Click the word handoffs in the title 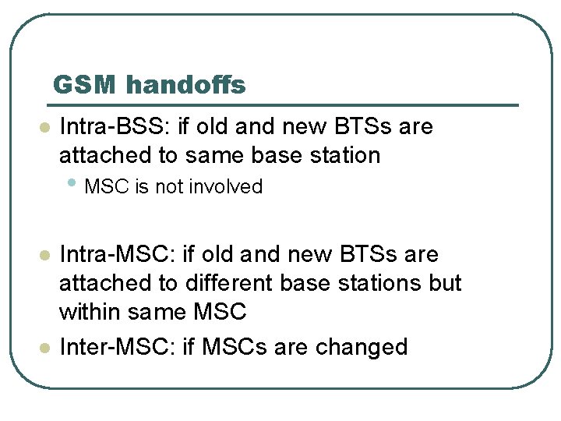(185, 84)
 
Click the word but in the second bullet (445, 283)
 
